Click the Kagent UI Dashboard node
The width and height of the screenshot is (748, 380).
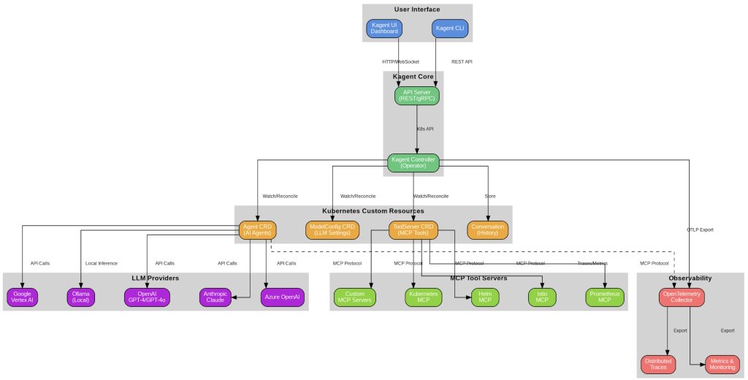click(385, 28)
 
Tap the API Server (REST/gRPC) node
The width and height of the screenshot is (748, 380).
click(417, 96)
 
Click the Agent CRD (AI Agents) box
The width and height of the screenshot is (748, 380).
click(256, 230)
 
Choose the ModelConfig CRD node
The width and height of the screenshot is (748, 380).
click(332, 230)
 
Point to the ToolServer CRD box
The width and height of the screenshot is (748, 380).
click(413, 230)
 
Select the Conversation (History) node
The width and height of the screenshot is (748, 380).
click(488, 230)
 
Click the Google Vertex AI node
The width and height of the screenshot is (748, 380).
click(23, 297)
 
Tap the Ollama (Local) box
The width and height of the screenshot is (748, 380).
click(81, 297)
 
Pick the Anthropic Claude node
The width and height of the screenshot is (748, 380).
click(215, 297)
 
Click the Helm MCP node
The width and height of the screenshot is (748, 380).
click(481, 297)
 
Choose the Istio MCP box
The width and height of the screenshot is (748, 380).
click(542, 297)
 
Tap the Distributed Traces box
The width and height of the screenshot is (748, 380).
click(658, 365)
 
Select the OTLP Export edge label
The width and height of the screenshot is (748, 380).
click(701, 229)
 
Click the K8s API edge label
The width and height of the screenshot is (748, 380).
click(425, 129)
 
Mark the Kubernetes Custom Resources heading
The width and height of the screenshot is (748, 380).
click(373, 210)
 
